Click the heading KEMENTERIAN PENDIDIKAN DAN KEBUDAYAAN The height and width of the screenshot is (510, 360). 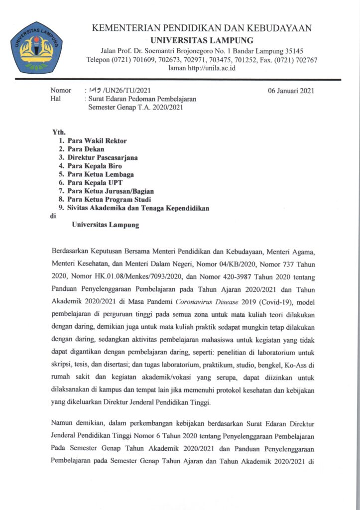point(202,28)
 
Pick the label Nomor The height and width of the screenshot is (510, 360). point(61,91)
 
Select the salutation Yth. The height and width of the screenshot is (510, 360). point(59,132)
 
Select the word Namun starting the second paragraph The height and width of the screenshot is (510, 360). point(63,424)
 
